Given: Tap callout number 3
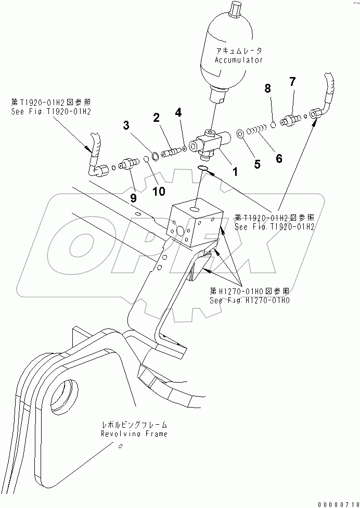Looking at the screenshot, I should (x=126, y=125).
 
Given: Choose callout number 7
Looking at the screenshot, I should (x=292, y=81).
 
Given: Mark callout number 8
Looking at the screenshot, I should (x=268, y=90).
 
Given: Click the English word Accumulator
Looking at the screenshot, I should (x=239, y=60).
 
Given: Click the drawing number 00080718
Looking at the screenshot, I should (x=335, y=502).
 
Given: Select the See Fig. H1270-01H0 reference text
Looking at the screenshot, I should (x=250, y=300).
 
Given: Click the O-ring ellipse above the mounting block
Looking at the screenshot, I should (x=204, y=168).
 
